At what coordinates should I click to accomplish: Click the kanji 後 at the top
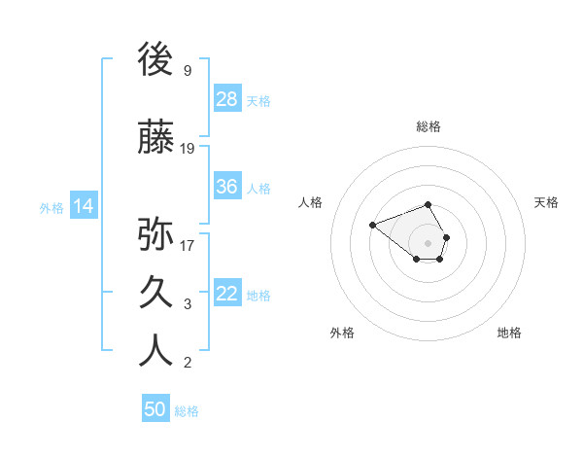[155, 60]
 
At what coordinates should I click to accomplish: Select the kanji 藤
[155, 138]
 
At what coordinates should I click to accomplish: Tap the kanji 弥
[155, 234]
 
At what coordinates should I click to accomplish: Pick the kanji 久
[155, 293]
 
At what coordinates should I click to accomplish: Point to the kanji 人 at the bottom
[155, 351]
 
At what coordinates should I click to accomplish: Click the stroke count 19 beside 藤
[188, 149]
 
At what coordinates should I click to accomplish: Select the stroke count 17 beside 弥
[188, 245]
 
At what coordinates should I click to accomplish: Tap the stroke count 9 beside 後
[187, 71]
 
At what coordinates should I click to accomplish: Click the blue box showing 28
[226, 99]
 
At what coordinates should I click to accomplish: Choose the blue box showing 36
[226, 187]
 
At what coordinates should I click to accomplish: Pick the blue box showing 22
[226, 294]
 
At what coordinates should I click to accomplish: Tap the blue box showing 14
[83, 206]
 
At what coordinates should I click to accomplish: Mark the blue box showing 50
[155, 409]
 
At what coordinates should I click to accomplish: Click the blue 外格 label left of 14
[51, 207]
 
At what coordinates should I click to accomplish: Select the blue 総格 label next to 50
[187, 410]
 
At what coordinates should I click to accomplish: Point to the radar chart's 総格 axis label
[428, 126]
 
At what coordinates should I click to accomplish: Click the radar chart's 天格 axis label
[546, 202]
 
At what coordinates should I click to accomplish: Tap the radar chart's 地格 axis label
[509, 333]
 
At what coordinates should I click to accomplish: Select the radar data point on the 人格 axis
[372, 225]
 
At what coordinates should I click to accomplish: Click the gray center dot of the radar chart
[428, 242]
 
